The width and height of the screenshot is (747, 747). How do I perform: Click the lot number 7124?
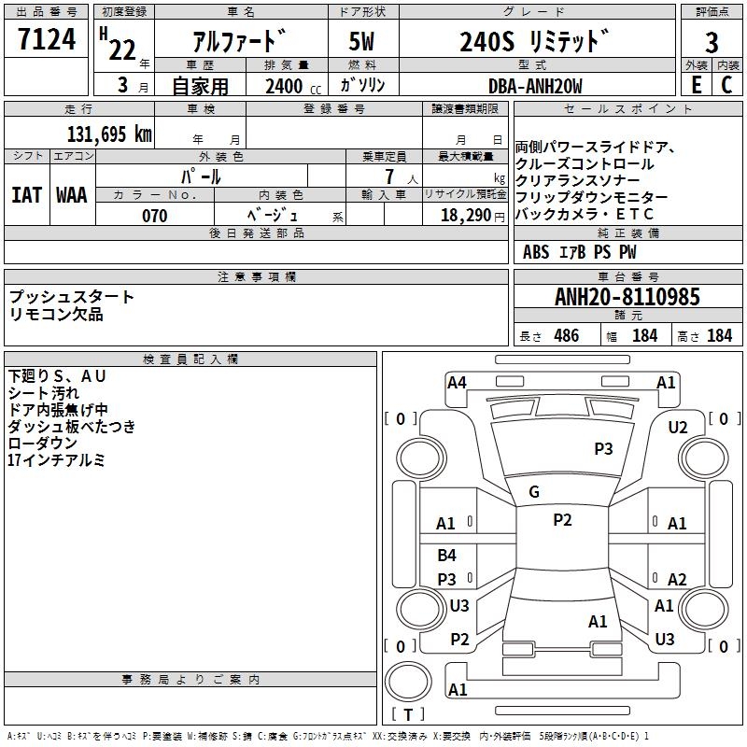coord(47,39)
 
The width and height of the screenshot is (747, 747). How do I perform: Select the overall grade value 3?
coord(712,42)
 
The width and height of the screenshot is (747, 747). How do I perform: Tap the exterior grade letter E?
coord(696,85)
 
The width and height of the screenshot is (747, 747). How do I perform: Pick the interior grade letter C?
coord(726,85)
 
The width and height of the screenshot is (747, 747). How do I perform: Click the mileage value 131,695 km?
coord(109,134)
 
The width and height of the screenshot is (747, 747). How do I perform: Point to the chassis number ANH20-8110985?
coord(627,297)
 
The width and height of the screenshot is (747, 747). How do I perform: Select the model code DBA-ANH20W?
coord(535,86)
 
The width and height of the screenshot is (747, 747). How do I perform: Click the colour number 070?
coord(154,216)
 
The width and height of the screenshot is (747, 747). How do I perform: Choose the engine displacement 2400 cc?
coord(293,86)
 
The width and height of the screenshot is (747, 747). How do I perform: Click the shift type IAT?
coord(26,195)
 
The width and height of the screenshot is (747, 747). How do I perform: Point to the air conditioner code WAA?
coord(72,195)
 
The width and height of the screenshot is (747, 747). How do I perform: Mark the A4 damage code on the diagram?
coord(457,383)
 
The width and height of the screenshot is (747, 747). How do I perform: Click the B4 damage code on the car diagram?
coord(446,555)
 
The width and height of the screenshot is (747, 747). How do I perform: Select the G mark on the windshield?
coord(534,492)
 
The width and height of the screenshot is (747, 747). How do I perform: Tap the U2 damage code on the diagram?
coord(678,428)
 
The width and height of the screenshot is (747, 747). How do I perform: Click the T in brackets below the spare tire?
coord(408,714)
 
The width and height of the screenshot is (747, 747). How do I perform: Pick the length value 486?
coord(566,336)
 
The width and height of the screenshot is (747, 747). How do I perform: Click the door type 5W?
coord(361,41)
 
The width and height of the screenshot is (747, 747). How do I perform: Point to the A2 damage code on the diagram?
coord(676,579)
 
